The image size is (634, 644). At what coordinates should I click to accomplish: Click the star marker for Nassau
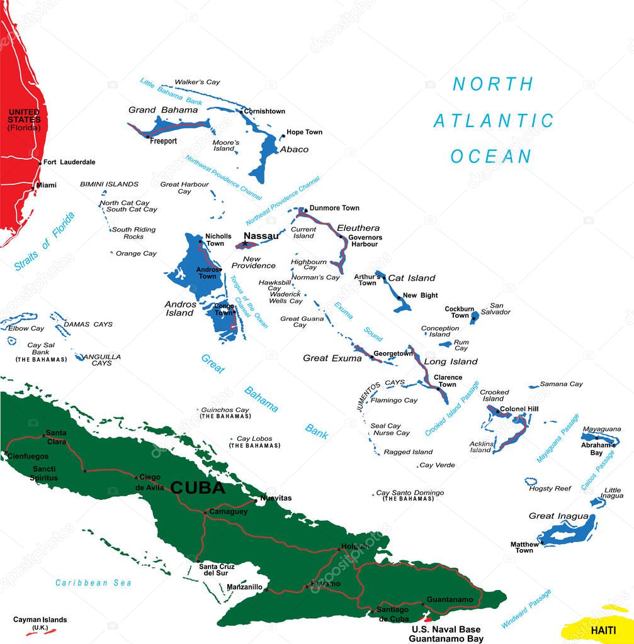coord(245,243)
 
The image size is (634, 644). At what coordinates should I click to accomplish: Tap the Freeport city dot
coord(148,136)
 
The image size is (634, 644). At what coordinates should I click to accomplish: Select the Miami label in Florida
coord(46,185)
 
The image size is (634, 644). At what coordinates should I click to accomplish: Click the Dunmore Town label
coord(334,208)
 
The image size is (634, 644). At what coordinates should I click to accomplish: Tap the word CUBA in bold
coord(198,487)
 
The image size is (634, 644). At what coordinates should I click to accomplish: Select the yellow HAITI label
coord(603,630)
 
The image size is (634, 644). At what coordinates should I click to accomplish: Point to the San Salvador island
coord(475,318)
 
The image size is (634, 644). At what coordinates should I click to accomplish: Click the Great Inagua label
coord(550,516)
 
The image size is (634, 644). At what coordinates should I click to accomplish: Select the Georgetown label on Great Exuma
coord(393,353)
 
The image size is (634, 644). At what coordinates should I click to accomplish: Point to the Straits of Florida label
coord(44,242)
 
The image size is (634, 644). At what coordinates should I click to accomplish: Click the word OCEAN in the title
coord(491,157)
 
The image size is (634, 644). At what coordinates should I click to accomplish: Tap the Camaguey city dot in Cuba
coord(205,512)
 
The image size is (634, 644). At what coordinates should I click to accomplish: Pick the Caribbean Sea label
coord(93,583)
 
